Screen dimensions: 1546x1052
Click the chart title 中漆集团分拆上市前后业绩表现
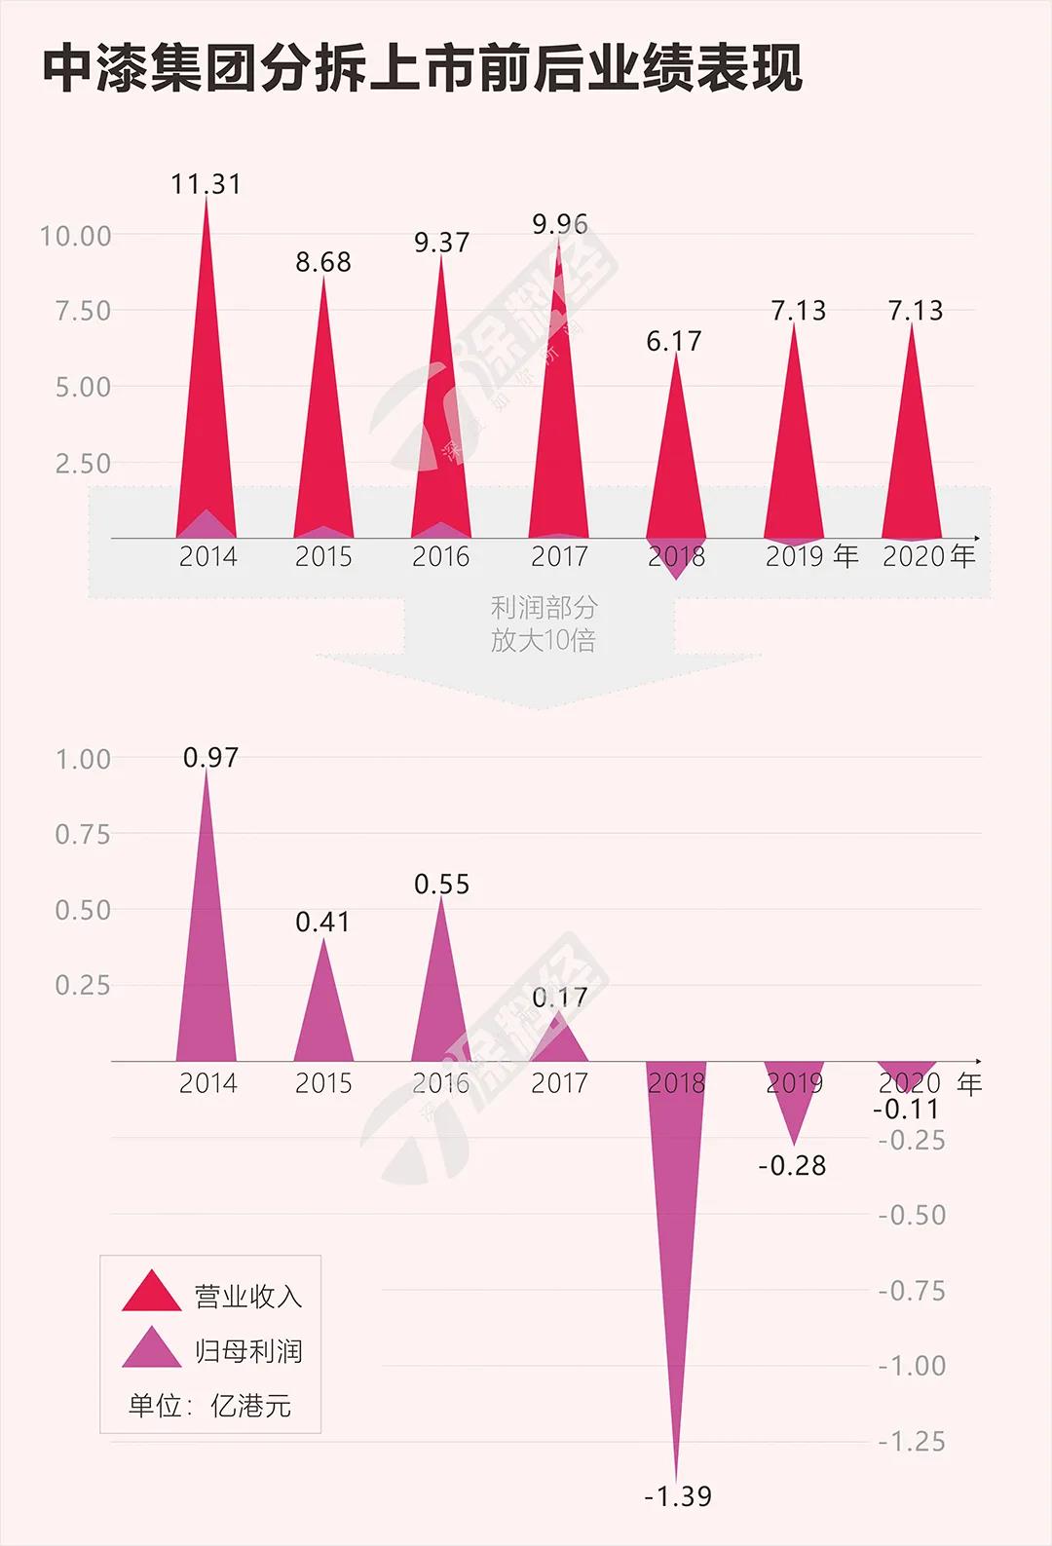(423, 69)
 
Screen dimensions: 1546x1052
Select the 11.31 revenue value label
(206, 184)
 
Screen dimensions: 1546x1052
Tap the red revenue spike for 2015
(323, 429)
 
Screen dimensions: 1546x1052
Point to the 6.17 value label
(674, 341)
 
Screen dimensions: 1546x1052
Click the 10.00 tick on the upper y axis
(75, 236)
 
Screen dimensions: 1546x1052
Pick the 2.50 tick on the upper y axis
(83, 464)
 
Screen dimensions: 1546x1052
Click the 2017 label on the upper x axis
(559, 556)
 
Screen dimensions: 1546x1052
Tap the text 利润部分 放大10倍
(543, 623)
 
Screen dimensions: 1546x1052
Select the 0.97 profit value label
(210, 757)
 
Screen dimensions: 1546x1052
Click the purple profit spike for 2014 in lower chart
(206, 955)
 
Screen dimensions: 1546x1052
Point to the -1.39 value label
(678, 1496)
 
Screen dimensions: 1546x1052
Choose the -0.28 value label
(792, 1165)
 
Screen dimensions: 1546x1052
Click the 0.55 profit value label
(441, 884)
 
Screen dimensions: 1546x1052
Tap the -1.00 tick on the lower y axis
(912, 1366)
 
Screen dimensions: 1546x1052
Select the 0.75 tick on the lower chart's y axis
(83, 834)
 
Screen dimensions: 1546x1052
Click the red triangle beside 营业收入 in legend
(151, 1293)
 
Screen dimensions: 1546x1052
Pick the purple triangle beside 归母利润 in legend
(151, 1348)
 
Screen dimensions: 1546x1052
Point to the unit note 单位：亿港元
(209, 1405)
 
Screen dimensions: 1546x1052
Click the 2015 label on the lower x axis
(323, 1082)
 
